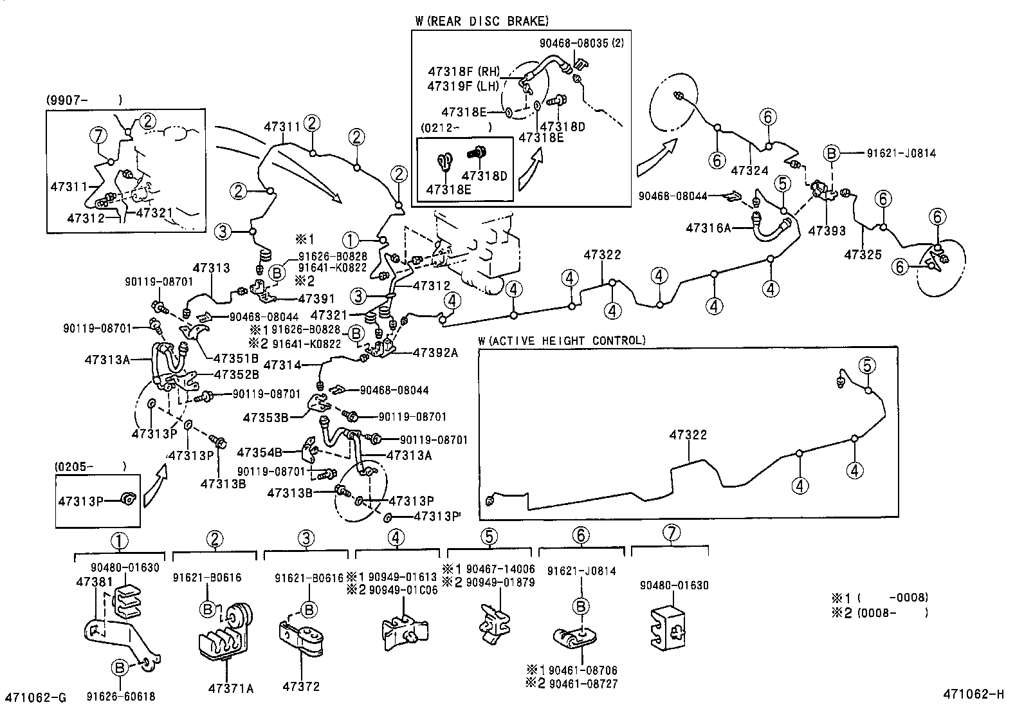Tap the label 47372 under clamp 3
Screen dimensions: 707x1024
pyautogui.click(x=300, y=687)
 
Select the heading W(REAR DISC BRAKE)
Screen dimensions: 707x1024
pyautogui.click(x=482, y=21)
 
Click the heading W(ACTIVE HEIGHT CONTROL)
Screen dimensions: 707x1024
pyautogui.click(x=562, y=340)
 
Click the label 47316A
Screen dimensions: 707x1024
pyautogui.click(x=709, y=228)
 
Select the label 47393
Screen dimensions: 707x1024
pyautogui.click(x=827, y=230)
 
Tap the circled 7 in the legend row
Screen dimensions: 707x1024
pyautogui.click(x=671, y=534)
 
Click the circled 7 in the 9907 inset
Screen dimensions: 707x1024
pyautogui.click(x=98, y=136)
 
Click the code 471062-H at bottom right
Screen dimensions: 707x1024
pyautogui.click(x=974, y=693)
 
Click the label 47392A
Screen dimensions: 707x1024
pyautogui.click(x=435, y=352)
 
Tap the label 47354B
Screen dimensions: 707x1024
pyautogui.click(x=260, y=452)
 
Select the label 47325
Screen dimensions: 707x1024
pyautogui.click(x=863, y=254)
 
